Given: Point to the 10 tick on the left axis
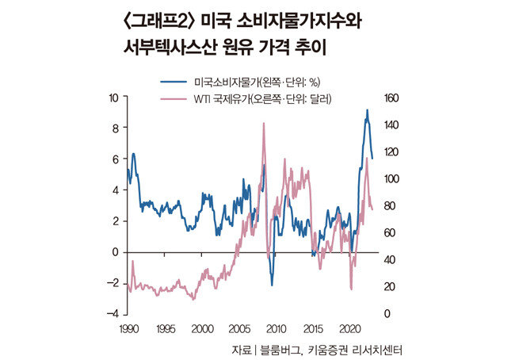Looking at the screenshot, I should coord(114,97).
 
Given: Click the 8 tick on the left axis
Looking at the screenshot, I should coord(116,128).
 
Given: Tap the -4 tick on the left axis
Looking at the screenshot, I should coord(113,314).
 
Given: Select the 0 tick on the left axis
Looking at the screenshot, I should coord(116,252).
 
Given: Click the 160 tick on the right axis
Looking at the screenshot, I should coord(394,98).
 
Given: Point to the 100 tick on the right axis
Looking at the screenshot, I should coord(394,178).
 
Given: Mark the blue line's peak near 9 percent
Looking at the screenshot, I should coord(367,110).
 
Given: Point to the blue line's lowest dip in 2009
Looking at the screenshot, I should coord(271,285).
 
